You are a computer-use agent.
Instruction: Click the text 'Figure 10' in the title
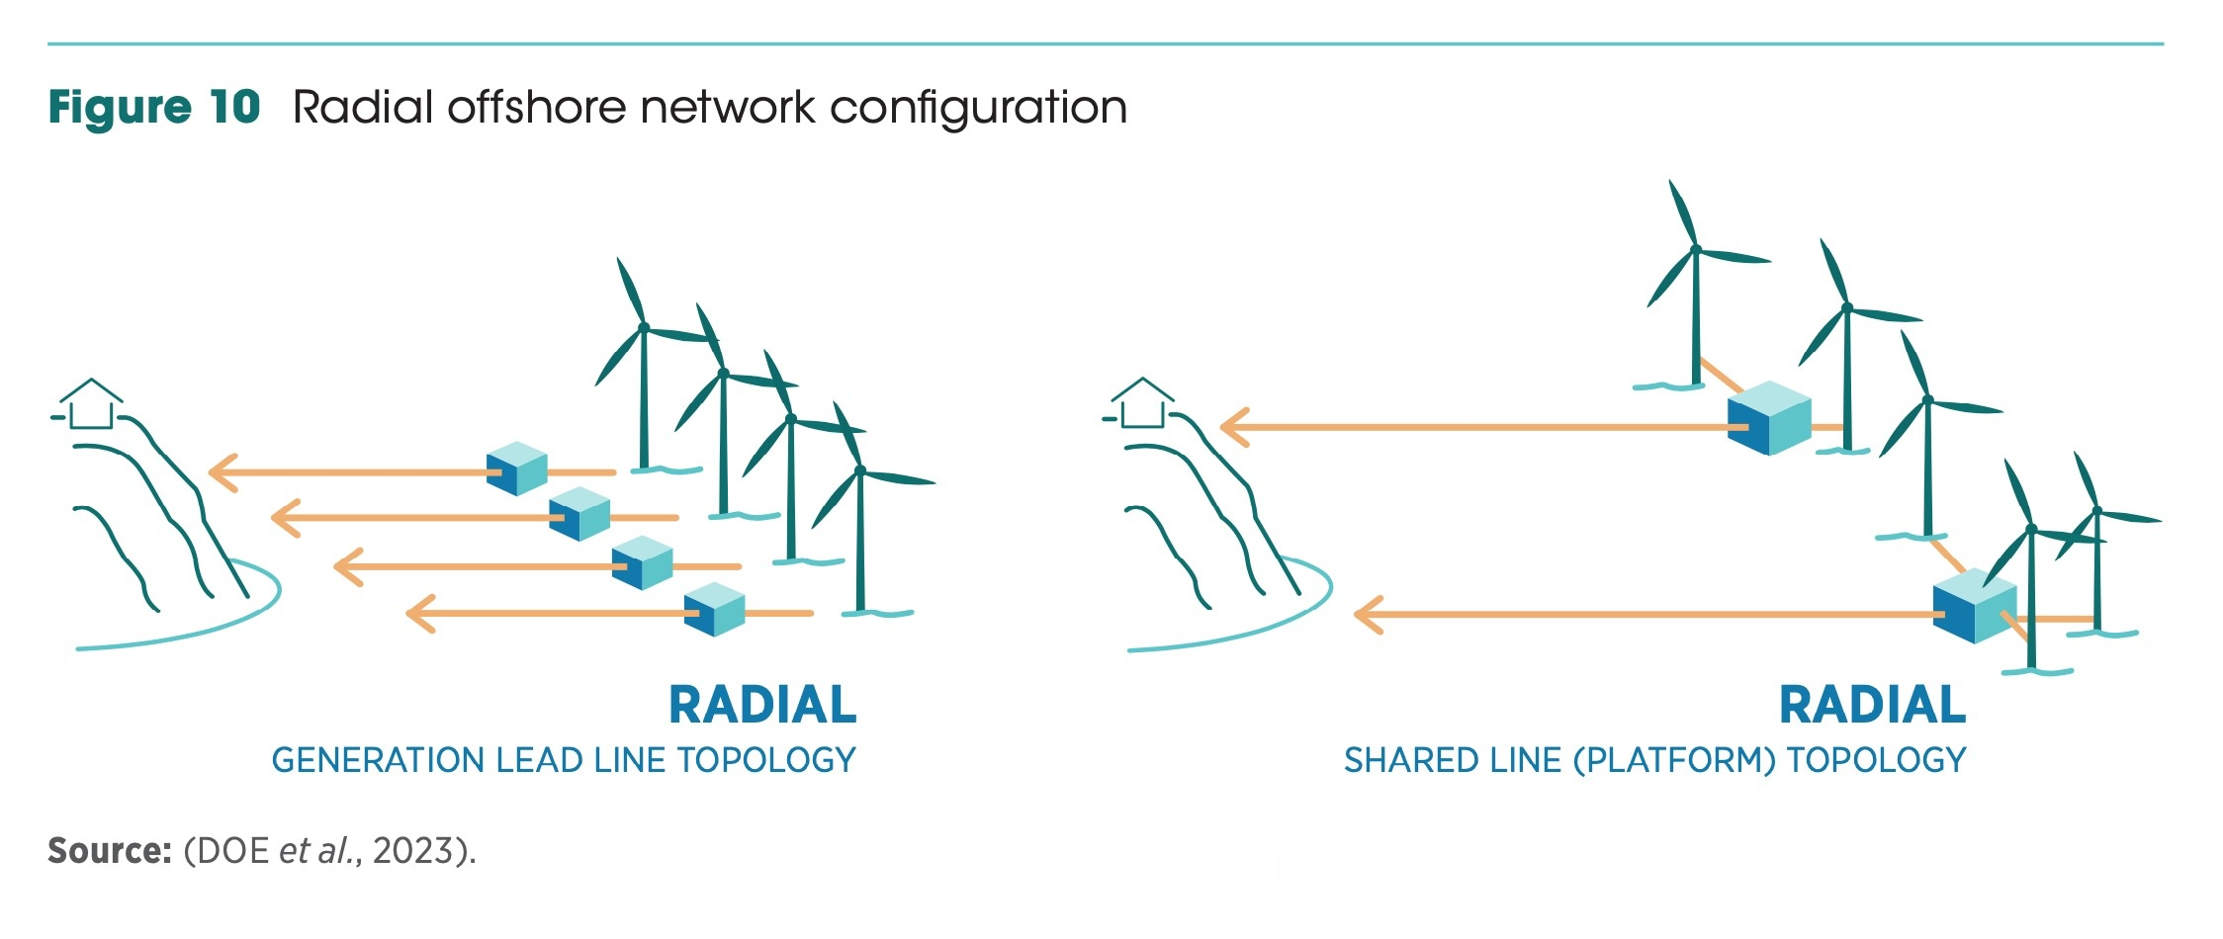point(153,107)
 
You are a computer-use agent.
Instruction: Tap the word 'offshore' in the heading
point(536,107)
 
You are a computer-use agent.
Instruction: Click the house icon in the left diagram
point(91,405)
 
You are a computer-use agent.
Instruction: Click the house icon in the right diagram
point(1142,404)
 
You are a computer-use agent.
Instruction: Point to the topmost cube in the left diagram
point(517,469)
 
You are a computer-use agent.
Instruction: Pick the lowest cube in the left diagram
point(714,609)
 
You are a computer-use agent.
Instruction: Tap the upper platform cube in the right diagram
point(1769,418)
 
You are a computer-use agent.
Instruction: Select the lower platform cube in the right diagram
point(1974,605)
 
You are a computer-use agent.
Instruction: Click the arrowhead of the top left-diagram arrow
point(222,472)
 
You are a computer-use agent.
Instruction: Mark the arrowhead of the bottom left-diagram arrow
point(420,614)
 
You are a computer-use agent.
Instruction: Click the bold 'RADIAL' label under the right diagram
point(1872,706)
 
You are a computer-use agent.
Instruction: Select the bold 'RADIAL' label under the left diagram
point(762,706)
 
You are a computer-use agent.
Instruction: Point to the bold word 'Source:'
point(110,851)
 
